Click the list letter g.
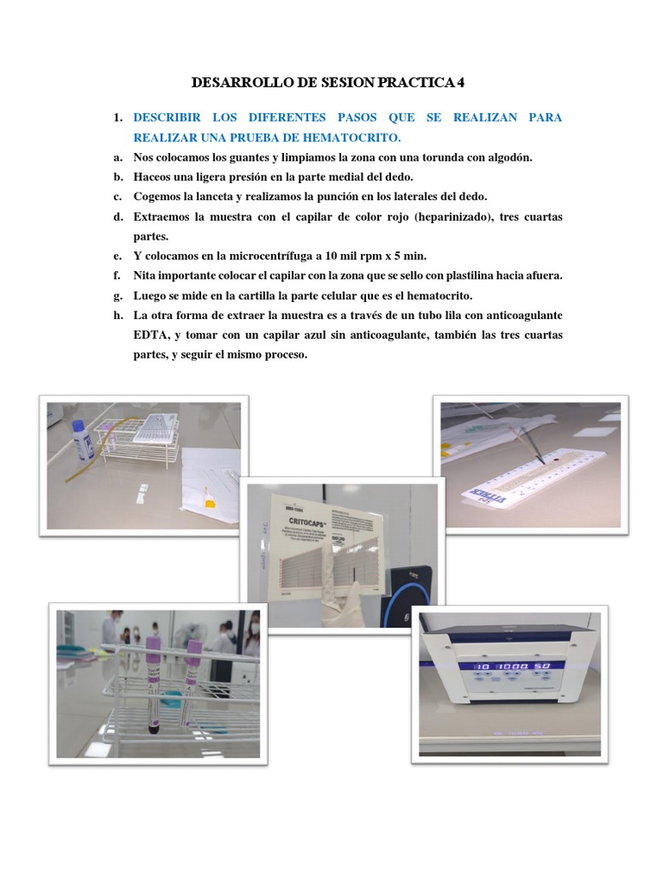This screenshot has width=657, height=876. tap(115, 295)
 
